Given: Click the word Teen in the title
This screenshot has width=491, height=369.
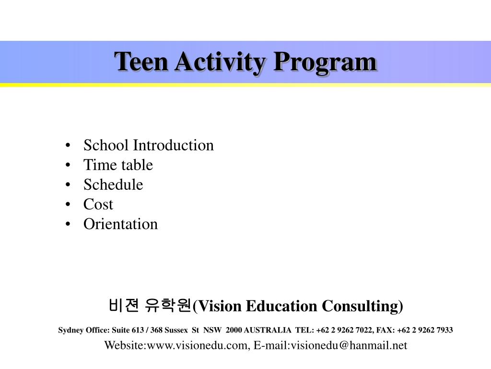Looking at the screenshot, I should [141, 62].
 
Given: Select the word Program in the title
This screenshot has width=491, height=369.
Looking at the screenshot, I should [325, 62].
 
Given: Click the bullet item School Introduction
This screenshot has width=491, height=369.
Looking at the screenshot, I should [148, 145].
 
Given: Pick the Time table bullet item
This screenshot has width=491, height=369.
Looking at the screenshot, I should [118, 165].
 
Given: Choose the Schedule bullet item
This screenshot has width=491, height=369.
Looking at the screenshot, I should [113, 184].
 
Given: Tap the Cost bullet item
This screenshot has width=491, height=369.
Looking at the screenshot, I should [98, 204].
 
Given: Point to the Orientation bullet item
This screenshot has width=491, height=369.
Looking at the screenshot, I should [120, 224].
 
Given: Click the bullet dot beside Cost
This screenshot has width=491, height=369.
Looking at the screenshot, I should [70, 205].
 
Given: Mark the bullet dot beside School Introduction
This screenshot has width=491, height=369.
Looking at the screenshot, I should [70, 146].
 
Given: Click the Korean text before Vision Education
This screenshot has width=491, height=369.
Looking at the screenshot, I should [150, 305].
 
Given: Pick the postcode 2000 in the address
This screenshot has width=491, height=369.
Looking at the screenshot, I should [234, 330].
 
